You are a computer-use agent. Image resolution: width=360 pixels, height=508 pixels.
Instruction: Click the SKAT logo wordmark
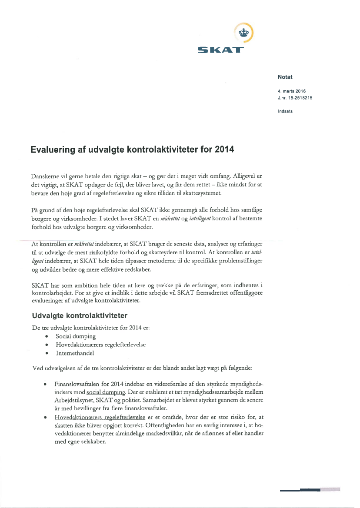[x=220, y=50]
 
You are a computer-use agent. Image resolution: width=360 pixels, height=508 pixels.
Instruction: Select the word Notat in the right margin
[x=285, y=77]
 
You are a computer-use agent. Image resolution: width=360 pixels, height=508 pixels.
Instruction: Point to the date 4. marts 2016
[x=292, y=91]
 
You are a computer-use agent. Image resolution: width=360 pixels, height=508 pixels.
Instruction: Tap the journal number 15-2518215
[x=299, y=98]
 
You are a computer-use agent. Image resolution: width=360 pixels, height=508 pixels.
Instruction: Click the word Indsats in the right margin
[x=285, y=111]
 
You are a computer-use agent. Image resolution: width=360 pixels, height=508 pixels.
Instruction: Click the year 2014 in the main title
[x=223, y=150]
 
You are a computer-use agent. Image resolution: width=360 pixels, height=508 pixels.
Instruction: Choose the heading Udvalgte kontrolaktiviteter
[x=80, y=315]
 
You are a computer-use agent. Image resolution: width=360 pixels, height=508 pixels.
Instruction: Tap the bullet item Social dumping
[x=76, y=336]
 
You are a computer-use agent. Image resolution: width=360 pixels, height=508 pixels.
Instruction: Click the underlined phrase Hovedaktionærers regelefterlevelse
[x=100, y=417]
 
